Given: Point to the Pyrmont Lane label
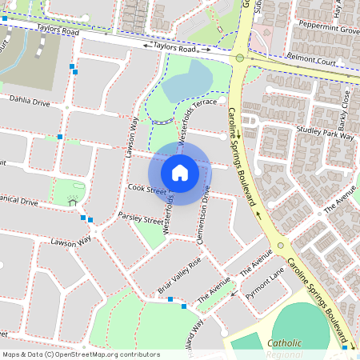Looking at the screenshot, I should coord(265,286).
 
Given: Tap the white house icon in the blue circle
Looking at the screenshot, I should coord(180,173).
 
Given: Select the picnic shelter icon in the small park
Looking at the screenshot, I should coord(73,200).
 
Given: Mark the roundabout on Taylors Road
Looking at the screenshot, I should coord(239,58).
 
